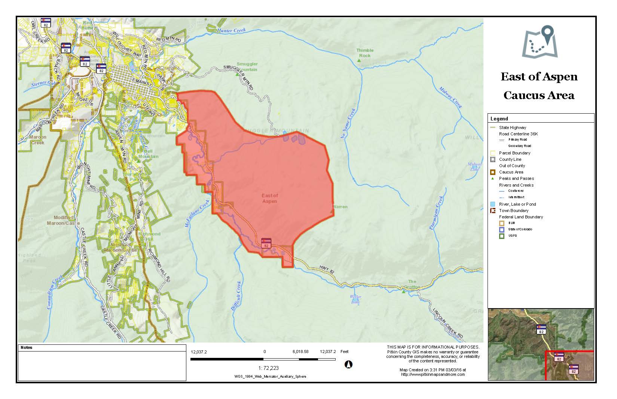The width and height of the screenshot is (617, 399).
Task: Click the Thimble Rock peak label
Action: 364,53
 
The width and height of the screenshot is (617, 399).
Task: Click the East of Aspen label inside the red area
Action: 270,198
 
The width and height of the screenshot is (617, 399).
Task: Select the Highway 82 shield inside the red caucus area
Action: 266,243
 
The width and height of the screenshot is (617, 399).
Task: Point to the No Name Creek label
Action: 348,124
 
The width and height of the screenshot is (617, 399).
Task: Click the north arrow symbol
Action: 348,364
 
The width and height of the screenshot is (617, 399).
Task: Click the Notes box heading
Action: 27,347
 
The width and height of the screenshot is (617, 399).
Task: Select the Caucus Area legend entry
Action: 511,172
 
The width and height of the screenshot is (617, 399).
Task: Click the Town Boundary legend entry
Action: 513,211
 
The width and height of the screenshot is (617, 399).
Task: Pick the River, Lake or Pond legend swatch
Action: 492,204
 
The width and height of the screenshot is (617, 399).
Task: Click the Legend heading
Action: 499,119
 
